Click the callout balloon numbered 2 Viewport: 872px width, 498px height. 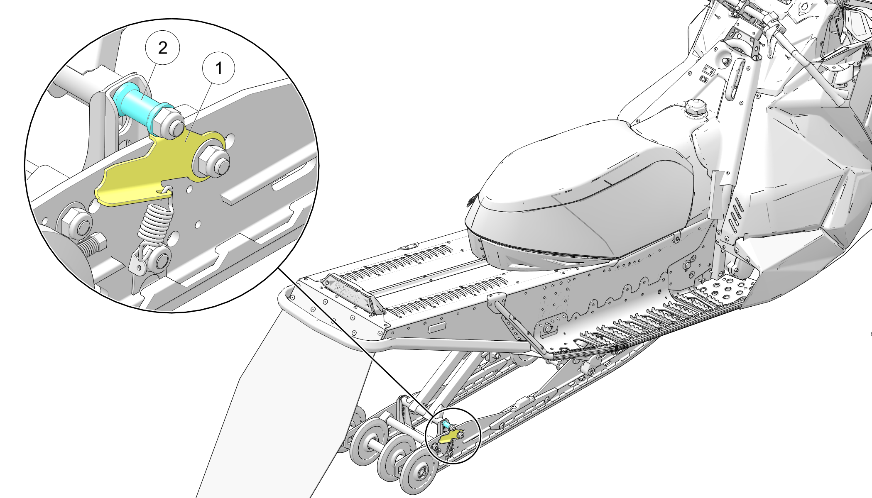point(162,48)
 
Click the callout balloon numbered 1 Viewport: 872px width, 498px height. point(219,68)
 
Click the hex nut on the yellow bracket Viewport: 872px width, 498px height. point(212,161)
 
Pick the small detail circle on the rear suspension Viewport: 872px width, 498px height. point(453,436)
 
